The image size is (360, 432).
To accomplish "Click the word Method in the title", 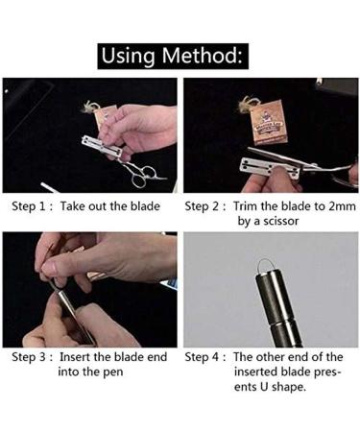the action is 203,56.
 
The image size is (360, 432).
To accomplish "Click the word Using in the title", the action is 128,57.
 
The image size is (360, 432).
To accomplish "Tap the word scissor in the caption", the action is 280,221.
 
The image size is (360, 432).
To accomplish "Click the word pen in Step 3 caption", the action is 113,372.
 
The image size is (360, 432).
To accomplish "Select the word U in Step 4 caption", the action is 264,387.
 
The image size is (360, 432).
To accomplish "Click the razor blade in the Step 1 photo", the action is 102,146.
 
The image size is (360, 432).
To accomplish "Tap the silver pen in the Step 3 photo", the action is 72,315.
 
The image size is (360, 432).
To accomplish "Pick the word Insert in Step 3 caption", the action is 75,357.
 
